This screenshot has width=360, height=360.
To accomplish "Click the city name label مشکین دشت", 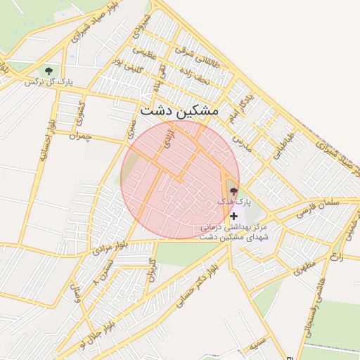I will (179, 111).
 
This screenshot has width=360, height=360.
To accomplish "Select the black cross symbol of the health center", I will (233, 216).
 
